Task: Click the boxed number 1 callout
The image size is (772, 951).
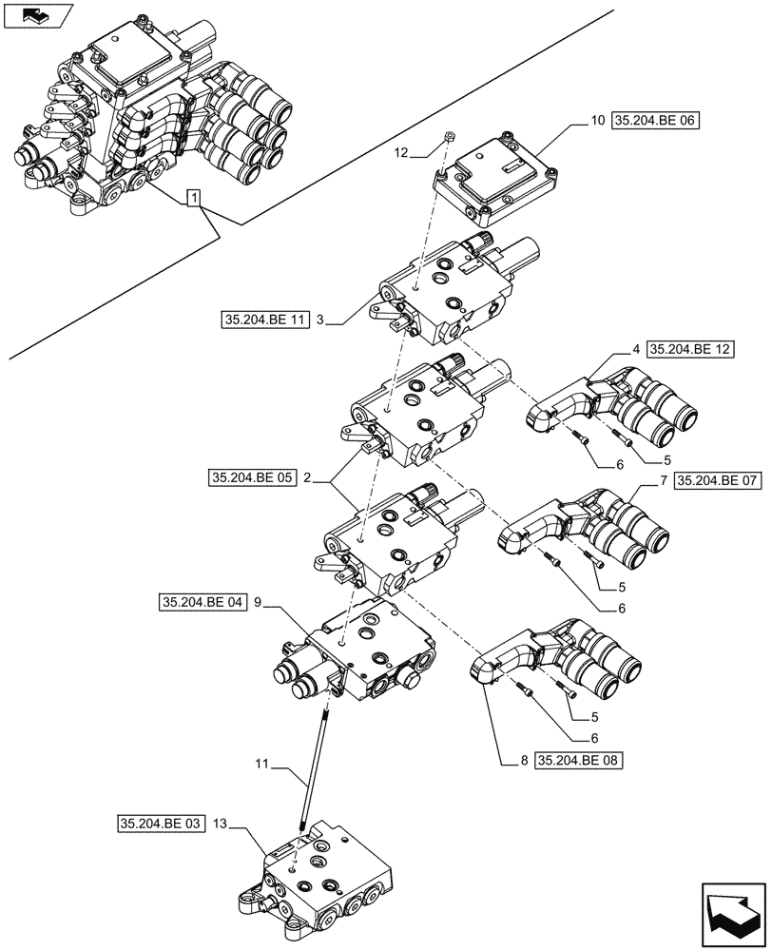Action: pyautogui.click(x=194, y=199)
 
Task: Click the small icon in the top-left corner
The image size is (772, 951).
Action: pyautogui.click(x=38, y=16)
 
